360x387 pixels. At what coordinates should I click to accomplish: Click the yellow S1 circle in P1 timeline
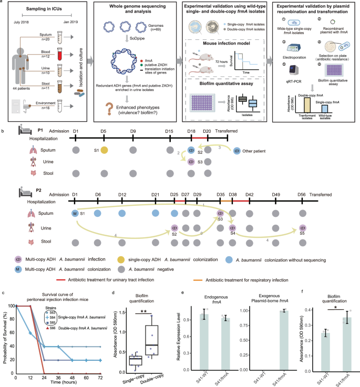pyautogui.click(x=105, y=150)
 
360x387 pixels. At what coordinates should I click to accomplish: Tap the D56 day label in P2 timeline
pyautogui.click(x=302, y=195)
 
